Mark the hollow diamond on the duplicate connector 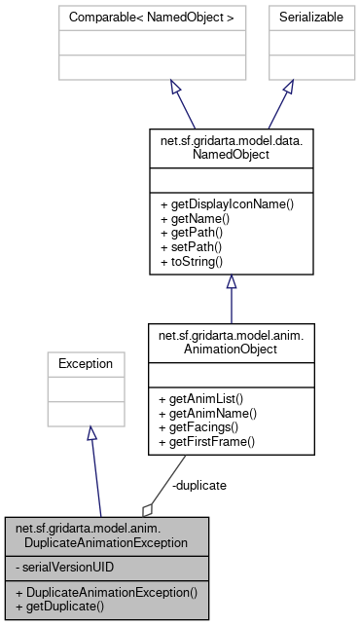click(148, 509)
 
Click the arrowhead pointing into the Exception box click(90, 432)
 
